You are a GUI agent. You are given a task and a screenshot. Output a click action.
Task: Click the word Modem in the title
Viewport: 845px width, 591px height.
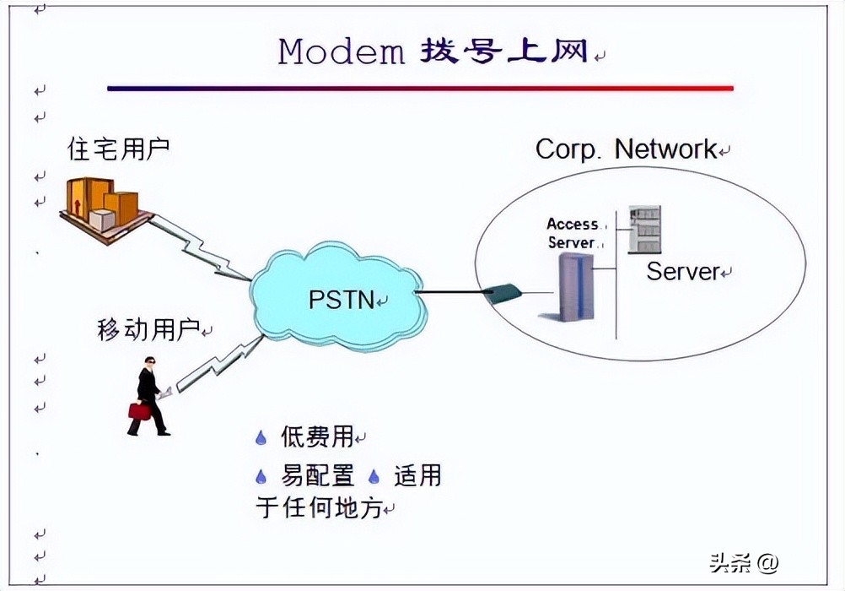coord(342,52)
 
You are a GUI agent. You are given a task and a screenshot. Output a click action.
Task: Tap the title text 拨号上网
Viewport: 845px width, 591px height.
coord(503,52)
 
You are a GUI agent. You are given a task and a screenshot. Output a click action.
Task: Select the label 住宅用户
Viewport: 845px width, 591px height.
coord(118,149)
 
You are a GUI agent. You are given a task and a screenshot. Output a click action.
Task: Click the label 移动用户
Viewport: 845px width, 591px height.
coord(148,330)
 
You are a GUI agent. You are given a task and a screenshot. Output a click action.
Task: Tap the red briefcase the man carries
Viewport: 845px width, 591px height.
coord(139,411)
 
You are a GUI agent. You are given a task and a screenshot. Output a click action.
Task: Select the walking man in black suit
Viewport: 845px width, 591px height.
coord(148,395)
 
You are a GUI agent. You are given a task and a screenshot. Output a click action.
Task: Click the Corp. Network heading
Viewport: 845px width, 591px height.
coord(626,149)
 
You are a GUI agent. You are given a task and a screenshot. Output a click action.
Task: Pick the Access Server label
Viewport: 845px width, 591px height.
coord(573,233)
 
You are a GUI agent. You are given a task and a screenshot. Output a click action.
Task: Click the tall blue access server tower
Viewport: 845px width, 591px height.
coord(577,286)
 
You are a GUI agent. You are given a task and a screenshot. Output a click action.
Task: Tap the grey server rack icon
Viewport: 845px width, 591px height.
coord(644,230)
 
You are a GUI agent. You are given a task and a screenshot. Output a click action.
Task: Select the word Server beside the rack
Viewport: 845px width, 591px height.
coord(683,272)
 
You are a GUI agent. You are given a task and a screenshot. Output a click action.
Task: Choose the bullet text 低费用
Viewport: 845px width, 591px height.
coord(316,436)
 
